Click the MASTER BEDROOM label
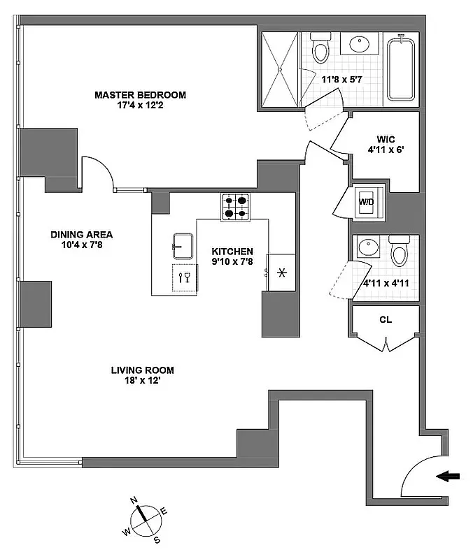pos(141,95)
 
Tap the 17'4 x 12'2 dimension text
pos(141,106)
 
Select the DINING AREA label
pos(81,235)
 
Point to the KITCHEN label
pos(233,252)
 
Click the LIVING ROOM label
pos(142,370)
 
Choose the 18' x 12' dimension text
pos(142,381)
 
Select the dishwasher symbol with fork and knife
pos(185,278)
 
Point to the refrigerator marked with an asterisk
pos(281,271)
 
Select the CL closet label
pos(385,321)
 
